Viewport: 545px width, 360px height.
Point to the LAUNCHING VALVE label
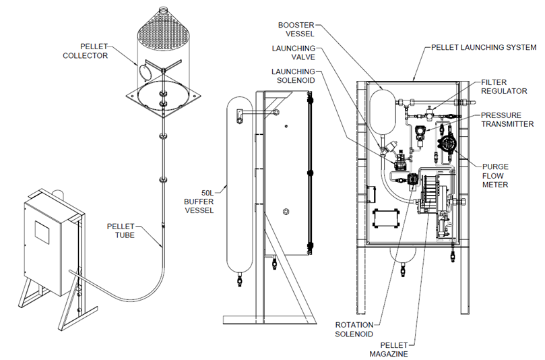click(294, 53)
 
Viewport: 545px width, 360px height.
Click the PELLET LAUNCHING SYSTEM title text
click(484, 48)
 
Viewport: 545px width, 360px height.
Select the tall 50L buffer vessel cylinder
click(237, 182)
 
